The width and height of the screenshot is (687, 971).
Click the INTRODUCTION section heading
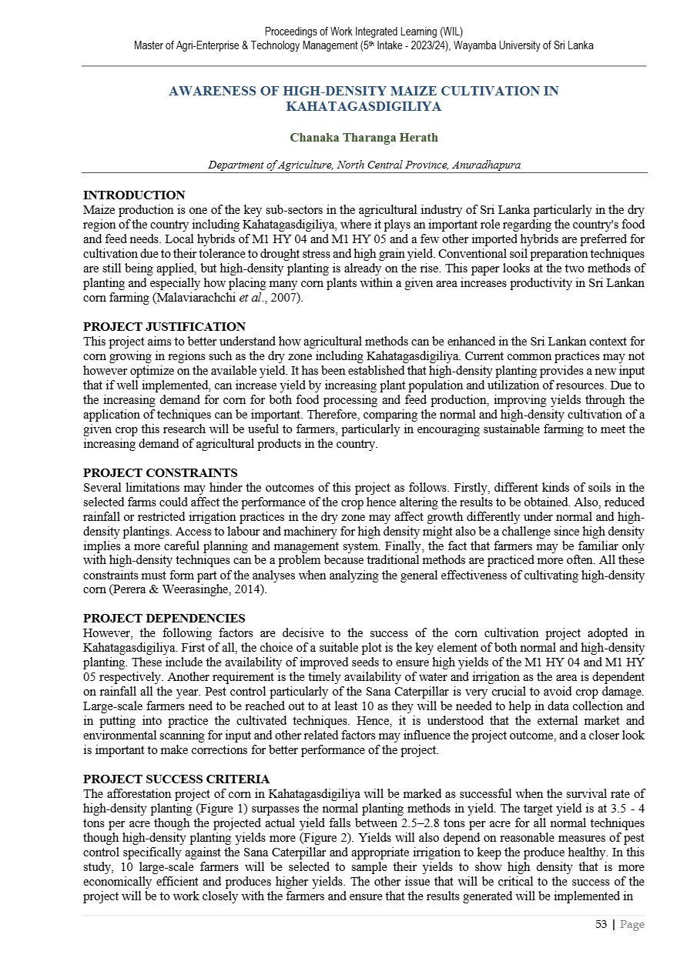pyautogui.click(x=134, y=195)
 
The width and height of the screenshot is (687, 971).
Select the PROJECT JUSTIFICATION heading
pyautogui.click(x=164, y=327)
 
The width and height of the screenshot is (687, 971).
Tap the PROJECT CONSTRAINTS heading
pyautogui.click(x=160, y=472)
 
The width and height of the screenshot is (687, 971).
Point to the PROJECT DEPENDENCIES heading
pyautogui.click(x=164, y=618)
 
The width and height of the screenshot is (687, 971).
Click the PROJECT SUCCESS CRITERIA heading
pyautogui.click(x=176, y=779)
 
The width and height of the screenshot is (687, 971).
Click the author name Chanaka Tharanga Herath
pyautogui.click(x=364, y=138)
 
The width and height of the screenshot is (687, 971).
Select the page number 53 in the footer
pyautogui.click(x=602, y=924)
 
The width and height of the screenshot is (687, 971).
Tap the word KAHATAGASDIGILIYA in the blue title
pyautogui.click(x=364, y=106)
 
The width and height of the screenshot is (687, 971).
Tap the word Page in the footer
pyautogui.click(x=632, y=924)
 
